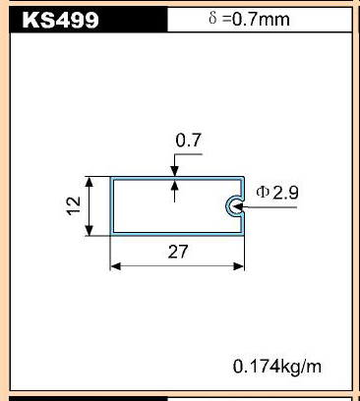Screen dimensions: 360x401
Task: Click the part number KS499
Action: [61, 20]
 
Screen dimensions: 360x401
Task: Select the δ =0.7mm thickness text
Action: [249, 19]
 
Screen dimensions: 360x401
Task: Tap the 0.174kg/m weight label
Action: [277, 367]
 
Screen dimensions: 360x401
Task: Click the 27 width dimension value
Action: [178, 252]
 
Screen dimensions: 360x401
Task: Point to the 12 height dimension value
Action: [74, 205]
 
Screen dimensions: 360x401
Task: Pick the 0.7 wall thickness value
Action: [188, 141]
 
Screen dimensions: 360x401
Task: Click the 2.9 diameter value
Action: [285, 193]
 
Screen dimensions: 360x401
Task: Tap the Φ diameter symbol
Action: [263, 193]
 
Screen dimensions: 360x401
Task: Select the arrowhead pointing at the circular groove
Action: [238, 207]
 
